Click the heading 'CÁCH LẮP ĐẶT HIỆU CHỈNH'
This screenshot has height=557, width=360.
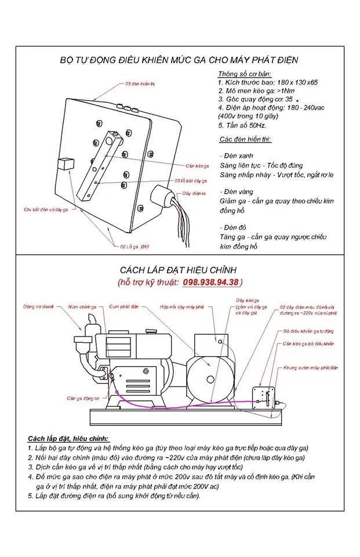(178, 270)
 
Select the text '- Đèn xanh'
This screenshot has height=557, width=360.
(235, 156)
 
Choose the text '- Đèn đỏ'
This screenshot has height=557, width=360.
(233, 228)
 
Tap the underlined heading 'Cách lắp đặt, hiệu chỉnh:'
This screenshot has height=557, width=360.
(68, 438)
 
